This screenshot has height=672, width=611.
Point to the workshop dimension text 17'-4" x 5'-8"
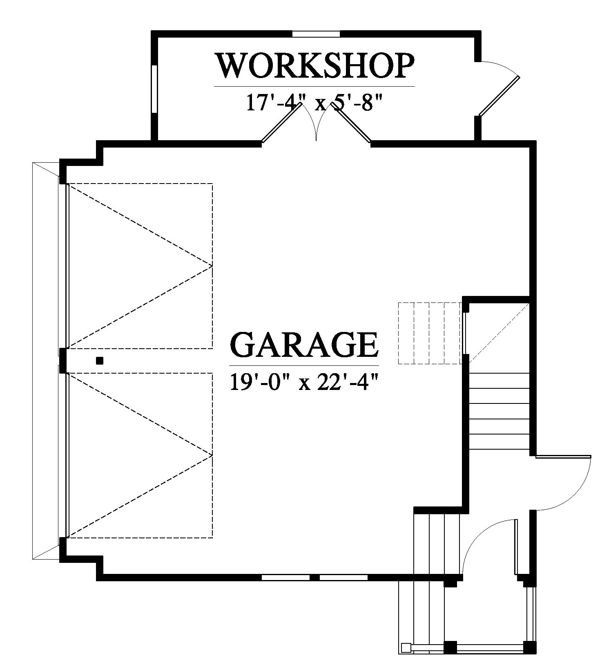pos(314,102)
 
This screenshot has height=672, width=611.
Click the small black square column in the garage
pos(100,361)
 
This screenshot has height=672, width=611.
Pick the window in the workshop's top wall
pos(316,34)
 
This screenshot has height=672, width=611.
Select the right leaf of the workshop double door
pos(351,123)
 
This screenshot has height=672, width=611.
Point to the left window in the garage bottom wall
pos(285,578)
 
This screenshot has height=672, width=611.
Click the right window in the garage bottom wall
pos(343,578)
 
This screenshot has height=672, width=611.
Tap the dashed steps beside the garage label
pos(430,333)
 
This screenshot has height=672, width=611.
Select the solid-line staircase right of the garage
pos(499,411)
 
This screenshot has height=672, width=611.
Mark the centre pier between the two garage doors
pos(63,361)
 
